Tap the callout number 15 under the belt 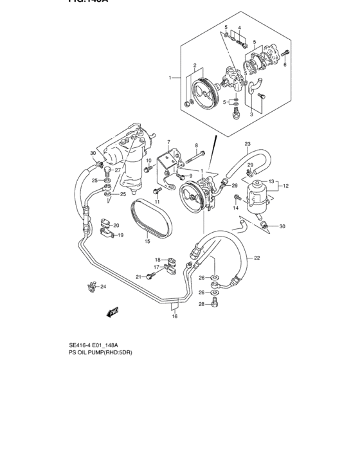147,242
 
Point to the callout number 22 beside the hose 256,258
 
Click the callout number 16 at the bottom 174,316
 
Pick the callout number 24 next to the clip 103,287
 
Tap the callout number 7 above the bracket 168,141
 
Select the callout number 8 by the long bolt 196,146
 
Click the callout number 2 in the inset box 194,65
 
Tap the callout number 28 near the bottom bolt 201,304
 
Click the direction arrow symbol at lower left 114,312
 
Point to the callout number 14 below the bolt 235,208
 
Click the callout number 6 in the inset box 285,65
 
